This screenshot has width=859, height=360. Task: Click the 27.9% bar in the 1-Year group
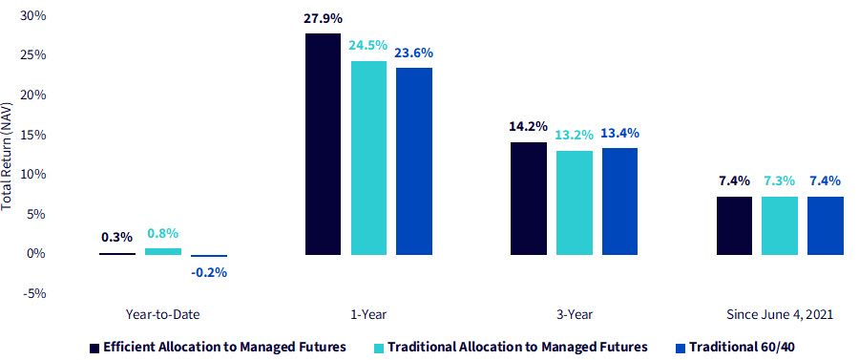pos(324,144)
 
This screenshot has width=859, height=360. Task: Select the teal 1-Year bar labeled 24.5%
pos(368,158)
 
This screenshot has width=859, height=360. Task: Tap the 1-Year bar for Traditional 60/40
pos(414,161)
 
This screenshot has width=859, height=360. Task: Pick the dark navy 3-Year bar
pos(529,199)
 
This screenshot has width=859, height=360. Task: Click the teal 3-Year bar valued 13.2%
pos(575,202)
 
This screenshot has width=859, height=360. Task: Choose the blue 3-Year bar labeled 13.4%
pos(619,201)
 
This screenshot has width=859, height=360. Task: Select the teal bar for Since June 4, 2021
pos(780,225)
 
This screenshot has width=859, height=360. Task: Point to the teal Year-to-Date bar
pos(162,251)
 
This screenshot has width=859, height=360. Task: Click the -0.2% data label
pos(209,272)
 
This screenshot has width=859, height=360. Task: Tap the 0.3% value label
pos(116,237)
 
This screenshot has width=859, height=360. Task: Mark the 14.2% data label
pos(529,127)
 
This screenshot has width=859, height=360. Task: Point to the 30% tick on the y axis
pos(32,16)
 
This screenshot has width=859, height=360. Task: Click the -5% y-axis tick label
pos(34,293)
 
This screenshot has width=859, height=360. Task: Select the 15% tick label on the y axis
pos(34,135)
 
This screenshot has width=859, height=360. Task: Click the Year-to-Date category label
pos(162,314)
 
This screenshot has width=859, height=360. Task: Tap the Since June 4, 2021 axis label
pos(780,314)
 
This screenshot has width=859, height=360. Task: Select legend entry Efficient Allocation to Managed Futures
pos(218,347)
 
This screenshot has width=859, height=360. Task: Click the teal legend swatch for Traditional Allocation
pos(379,348)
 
